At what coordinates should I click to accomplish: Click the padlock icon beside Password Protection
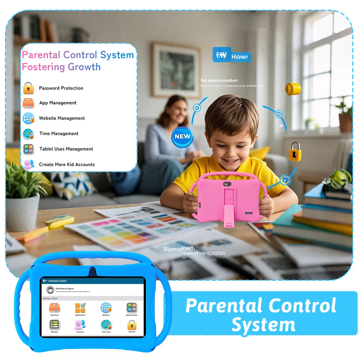(x=28, y=88)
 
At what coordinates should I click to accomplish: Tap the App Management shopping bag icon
(x=28, y=103)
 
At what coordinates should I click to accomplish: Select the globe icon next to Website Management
(x=29, y=118)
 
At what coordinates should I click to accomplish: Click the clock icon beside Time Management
(x=29, y=134)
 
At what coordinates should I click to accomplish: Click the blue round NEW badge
(x=182, y=137)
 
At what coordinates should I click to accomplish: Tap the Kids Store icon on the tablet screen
(x=55, y=308)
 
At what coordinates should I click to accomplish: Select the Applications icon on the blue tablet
(x=80, y=308)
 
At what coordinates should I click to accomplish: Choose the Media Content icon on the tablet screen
(x=132, y=308)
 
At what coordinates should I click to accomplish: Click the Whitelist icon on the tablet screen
(x=55, y=325)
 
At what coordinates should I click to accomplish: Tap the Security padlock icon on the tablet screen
(x=132, y=325)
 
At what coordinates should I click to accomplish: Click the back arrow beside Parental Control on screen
(x=45, y=281)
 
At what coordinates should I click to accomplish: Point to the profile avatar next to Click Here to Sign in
(x=50, y=290)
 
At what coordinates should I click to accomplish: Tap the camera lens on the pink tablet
(x=227, y=184)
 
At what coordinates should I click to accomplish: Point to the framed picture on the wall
(x=176, y=70)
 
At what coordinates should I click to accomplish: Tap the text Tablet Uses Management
(x=66, y=149)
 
